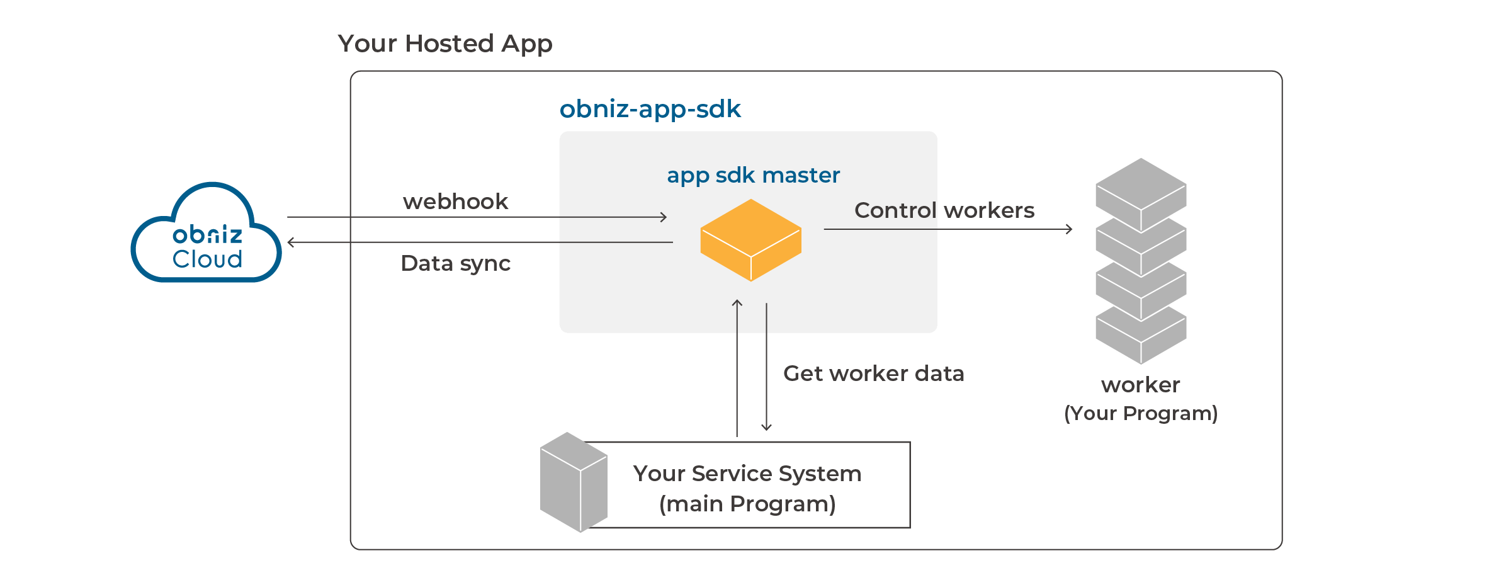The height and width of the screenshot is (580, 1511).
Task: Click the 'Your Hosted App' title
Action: (444, 44)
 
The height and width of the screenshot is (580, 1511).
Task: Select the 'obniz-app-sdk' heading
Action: (650, 110)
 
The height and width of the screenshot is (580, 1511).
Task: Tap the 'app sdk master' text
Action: (753, 175)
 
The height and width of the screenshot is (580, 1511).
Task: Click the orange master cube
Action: (750, 240)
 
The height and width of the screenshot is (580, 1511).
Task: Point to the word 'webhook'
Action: (455, 202)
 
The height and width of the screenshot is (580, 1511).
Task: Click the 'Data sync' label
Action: (455, 263)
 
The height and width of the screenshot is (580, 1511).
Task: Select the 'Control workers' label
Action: (944, 210)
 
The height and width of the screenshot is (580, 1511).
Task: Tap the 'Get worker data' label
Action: (873, 373)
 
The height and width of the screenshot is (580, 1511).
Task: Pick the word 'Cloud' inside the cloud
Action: (207, 259)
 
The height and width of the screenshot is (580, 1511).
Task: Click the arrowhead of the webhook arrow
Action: (664, 217)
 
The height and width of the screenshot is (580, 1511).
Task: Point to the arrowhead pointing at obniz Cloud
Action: (290, 242)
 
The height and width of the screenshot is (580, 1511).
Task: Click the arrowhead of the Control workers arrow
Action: (1070, 229)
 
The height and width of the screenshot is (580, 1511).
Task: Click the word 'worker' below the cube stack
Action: (1140, 385)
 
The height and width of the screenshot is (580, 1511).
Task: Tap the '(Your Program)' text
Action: (1140, 414)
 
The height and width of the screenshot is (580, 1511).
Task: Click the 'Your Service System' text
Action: (747, 474)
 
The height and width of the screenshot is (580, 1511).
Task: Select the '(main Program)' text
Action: (747, 504)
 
